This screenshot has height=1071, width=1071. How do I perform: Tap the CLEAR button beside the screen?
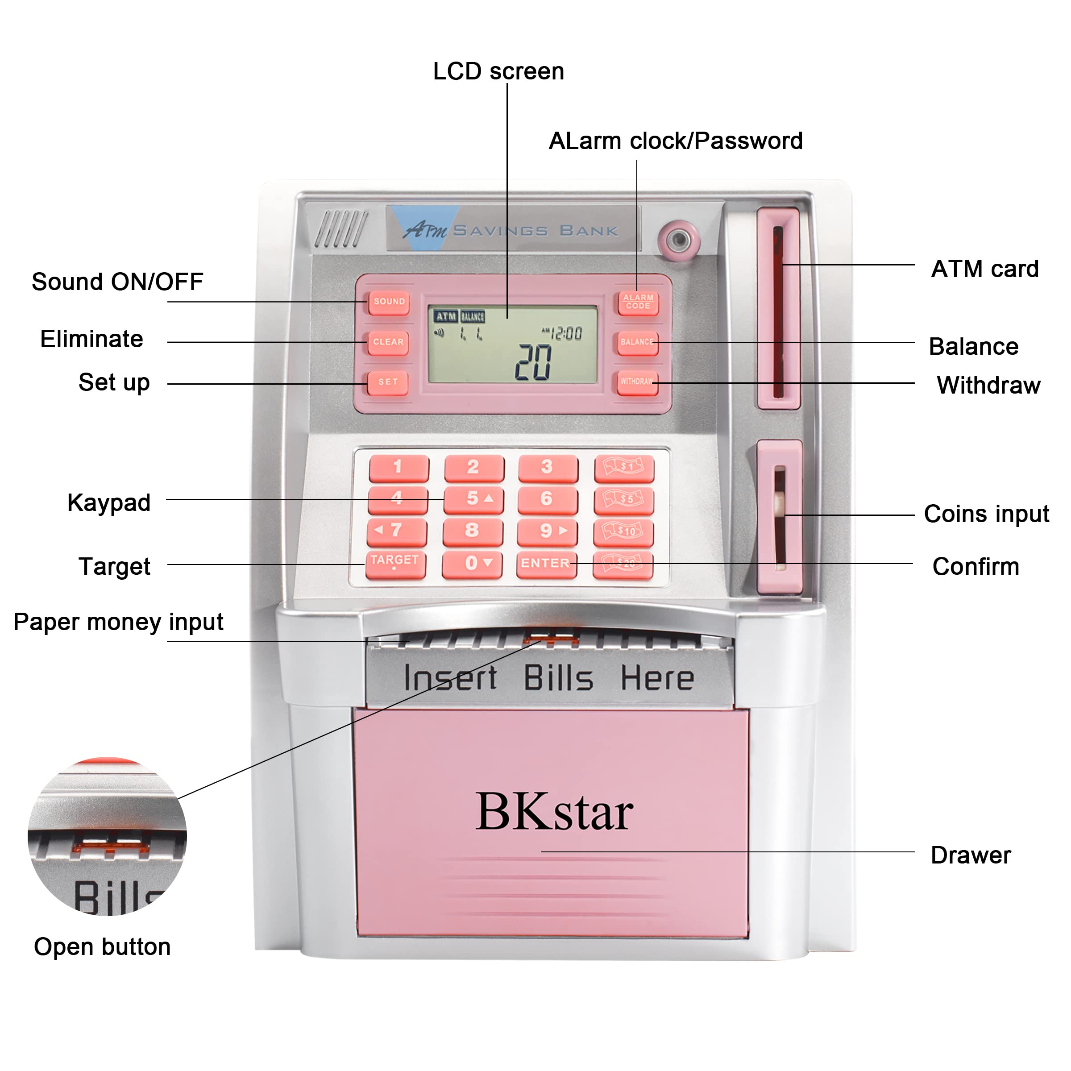pyautogui.click(x=388, y=342)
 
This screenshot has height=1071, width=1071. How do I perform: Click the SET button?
pyautogui.click(x=388, y=382)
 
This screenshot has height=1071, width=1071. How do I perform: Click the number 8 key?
pyautogui.click(x=472, y=531)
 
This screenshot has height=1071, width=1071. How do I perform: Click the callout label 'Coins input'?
pyautogui.click(x=986, y=514)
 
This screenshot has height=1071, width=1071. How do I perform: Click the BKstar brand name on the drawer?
pyautogui.click(x=554, y=812)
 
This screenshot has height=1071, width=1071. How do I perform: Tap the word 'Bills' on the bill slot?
pyautogui.click(x=558, y=678)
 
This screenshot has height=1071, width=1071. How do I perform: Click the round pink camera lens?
pyautogui.click(x=678, y=240)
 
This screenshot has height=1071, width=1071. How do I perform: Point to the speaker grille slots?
pyautogui.click(x=341, y=228)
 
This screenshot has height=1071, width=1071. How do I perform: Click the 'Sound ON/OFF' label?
pyautogui.click(x=117, y=282)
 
